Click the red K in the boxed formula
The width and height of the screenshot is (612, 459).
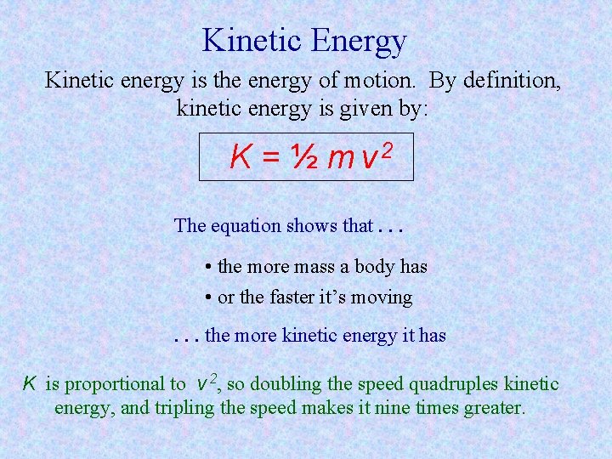pyautogui.click(x=240, y=157)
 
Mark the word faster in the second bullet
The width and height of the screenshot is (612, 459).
pyautogui.click(x=297, y=297)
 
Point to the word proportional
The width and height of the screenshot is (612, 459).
pyautogui.click(x=116, y=384)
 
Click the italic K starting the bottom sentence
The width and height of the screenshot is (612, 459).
pyautogui.click(x=28, y=383)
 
